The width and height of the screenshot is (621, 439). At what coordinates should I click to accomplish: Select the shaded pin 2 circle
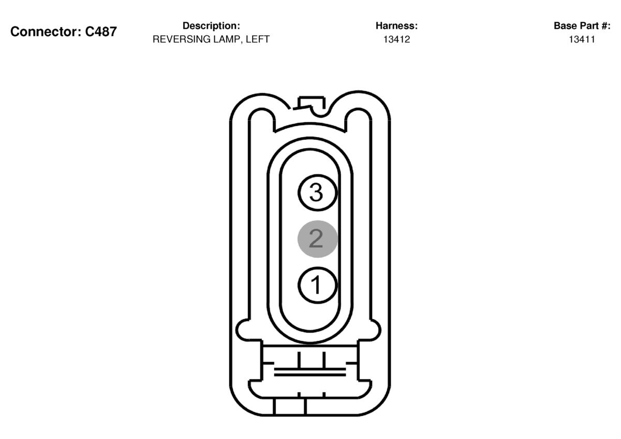tap(317, 239)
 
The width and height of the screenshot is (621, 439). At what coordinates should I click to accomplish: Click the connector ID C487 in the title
tap(100, 32)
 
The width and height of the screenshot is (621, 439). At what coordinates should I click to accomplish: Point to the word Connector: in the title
tap(46, 32)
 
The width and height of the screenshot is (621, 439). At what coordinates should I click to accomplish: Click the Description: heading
tap(211, 26)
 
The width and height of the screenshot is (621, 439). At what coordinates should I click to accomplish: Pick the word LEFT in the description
tap(258, 39)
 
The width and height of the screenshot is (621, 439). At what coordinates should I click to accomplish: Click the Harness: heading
tap(396, 26)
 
